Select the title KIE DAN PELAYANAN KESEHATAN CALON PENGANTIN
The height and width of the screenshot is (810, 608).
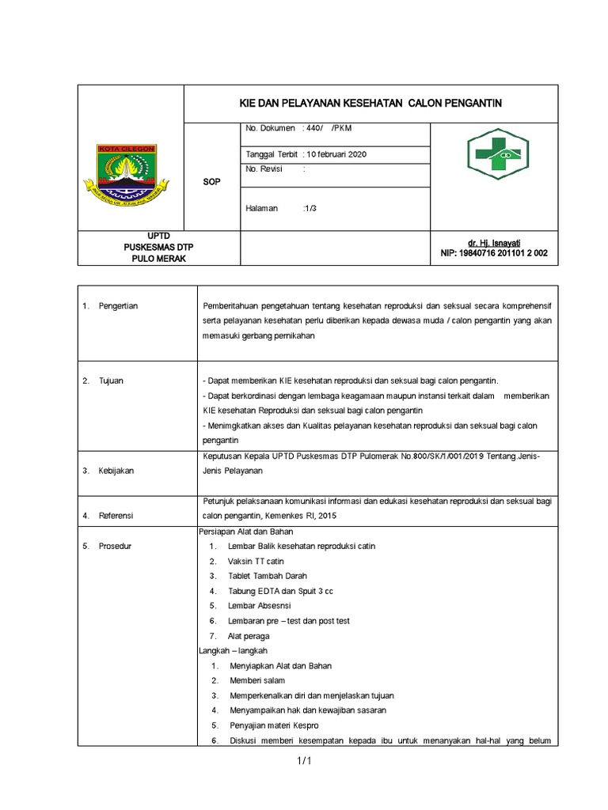click(371, 104)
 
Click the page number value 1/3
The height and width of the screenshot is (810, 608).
click(308, 208)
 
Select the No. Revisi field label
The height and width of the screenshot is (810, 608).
click(264, 169)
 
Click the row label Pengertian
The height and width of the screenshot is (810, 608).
click(119, 306)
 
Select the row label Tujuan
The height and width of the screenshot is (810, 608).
click(112, 380)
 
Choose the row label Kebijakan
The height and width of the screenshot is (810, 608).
click(116, 470)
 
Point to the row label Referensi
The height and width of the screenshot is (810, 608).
click(116, 516)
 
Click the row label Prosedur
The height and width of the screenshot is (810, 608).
click(116, 546)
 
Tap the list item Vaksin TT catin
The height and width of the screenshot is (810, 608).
click(255, 561)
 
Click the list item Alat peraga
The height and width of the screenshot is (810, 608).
click(248, 635)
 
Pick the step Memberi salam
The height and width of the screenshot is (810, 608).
click(256, 680)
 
